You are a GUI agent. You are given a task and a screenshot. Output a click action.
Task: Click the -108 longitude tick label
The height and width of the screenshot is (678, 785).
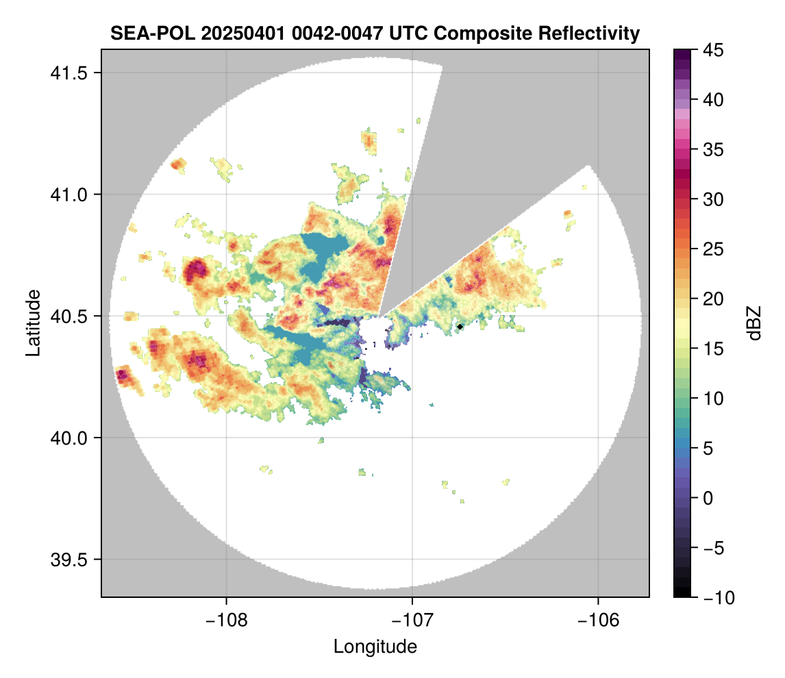225,620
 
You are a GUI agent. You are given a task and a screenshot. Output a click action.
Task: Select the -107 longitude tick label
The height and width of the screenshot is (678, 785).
412,620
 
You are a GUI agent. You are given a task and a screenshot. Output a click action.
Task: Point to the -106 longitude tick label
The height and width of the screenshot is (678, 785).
599,620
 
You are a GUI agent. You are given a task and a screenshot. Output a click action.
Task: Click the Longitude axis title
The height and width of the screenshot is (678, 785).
375,646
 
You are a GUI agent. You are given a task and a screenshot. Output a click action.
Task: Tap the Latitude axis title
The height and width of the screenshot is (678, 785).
33,323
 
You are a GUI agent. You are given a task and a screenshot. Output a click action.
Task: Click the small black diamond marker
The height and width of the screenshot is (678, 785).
460,327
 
